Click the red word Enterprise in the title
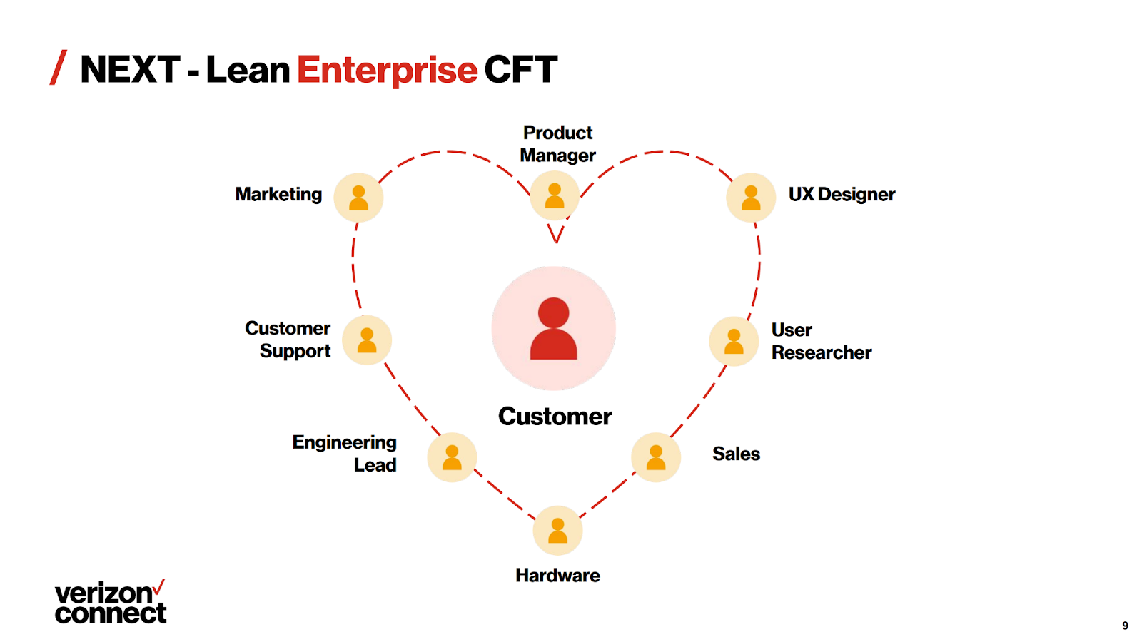pyautogui.click(x=387, y=70)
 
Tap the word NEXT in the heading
pyautogui.click(x=130, y=70)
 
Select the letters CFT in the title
pyautogui.click(x=520, y=70)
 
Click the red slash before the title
pyautogui.click(x=59, y=68)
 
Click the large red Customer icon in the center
pyautogui.click(x=553, y=329)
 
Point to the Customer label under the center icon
pyautogui.click(x=555, y=416)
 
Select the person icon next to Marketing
pyautogui.click(x=358, y=198)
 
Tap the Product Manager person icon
pyautogui.click(x=555, y=195)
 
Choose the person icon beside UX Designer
pyautogui.click(x=751, y=198)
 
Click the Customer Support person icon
pyautogui.click(x=367, y=340)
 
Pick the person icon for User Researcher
pyautogui.click(x=734, y=341)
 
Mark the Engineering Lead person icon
pyautogui.click(x=452, y=457)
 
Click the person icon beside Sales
pyautogui.click(x=656, y=457)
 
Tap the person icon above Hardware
pyautogui.click(x=557, y=531)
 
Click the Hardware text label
pyautogui.click(x=557, y=575)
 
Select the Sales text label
pyautogui.click(x=736, y=454)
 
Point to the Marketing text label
pyautogui.click(x=278, y=194)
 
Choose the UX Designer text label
pyautogui.click(x=842, y=194)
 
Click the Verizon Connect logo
pyautogui.click(x=111, y=603)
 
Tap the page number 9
pyautogui.click(x=1125, y=626)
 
